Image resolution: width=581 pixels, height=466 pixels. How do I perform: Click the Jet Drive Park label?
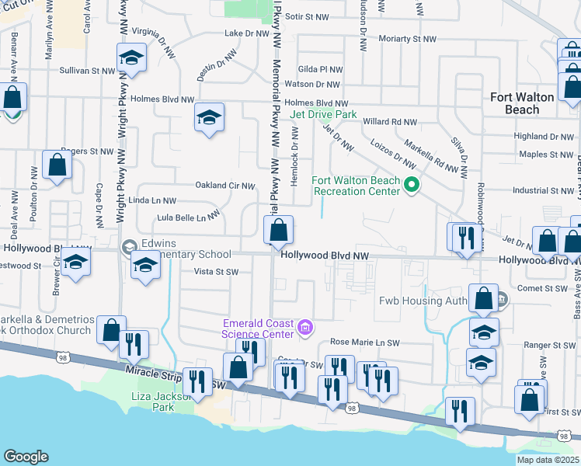322,114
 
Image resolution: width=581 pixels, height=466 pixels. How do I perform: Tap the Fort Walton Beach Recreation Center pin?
413,185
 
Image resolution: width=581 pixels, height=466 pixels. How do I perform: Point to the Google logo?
26,457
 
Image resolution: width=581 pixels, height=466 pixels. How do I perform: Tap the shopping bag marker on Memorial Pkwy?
278,231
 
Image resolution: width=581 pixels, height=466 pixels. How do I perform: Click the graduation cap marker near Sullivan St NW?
131,58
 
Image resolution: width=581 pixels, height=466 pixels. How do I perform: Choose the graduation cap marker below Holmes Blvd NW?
209,118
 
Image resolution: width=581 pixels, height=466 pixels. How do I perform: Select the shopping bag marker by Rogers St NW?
57,165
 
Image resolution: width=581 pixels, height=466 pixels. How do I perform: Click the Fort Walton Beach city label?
523,103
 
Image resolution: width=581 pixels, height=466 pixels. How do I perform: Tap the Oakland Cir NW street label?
225,186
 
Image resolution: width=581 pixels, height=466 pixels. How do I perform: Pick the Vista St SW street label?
216,272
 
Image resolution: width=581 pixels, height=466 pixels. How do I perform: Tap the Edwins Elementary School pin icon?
129,249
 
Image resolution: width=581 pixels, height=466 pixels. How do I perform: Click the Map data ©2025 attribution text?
548,460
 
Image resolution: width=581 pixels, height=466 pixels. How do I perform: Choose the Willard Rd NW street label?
390,122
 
